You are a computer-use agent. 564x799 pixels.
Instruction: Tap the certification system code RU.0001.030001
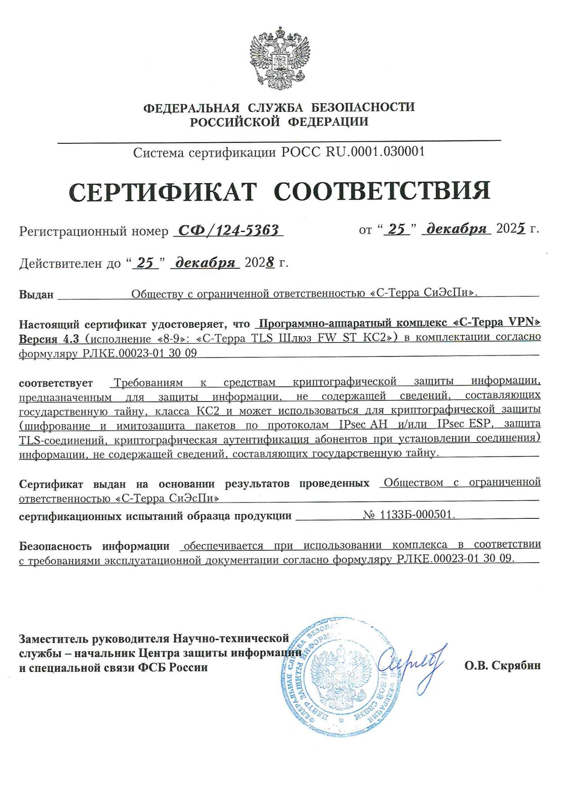375,152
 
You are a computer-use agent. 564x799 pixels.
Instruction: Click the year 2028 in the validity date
260,263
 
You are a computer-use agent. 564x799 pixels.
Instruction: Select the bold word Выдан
36,294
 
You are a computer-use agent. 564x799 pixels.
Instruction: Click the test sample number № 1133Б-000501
408,515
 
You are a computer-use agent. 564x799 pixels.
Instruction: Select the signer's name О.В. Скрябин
502,666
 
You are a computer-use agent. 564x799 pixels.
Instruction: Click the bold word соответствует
56,383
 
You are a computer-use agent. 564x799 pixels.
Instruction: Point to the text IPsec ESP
460,424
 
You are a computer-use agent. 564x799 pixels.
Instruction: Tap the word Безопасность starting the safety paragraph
56,546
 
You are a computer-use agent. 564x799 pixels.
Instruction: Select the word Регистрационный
72,231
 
